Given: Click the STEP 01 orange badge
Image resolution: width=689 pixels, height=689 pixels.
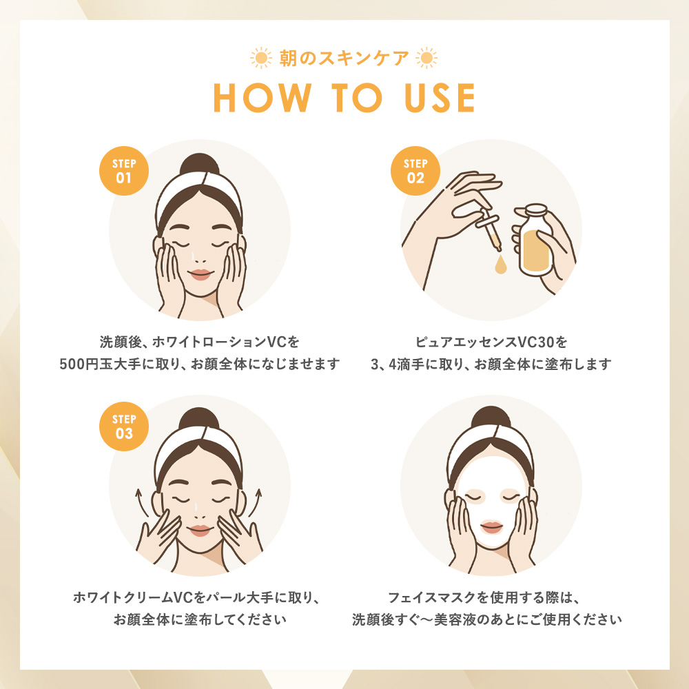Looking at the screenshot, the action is point(124,171).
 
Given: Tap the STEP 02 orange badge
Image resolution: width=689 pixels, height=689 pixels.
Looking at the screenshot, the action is point(415,171).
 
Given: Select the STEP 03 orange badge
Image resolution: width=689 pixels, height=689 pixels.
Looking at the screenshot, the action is point(124,426).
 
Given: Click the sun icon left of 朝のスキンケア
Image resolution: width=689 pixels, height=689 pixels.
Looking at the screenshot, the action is point(261,58).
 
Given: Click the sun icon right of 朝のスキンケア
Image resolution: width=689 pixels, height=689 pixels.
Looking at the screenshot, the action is point(426,58).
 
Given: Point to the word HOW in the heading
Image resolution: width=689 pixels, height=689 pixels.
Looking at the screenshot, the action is point(263,98).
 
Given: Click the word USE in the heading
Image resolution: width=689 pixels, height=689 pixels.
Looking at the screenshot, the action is point(440,98).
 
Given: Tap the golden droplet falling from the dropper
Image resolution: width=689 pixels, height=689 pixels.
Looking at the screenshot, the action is point(500,265).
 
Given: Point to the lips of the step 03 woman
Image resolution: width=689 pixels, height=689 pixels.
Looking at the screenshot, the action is point(200,531).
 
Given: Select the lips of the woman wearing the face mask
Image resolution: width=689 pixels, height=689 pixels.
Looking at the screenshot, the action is point(491,527).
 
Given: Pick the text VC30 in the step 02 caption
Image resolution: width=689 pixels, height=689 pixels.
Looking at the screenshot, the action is point(536,342).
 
